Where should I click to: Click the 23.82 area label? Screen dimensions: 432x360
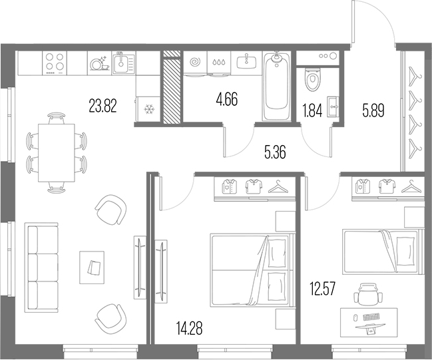click(103, 106)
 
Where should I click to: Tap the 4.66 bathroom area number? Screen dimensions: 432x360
click(227, 99)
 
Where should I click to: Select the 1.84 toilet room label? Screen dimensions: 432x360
click(312, 111)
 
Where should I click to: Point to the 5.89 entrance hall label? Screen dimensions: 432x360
click(373, 110)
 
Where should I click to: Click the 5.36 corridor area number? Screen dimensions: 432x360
click(275, 152)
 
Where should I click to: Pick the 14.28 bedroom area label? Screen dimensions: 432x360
click(189, 328)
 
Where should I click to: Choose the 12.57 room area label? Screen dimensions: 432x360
click(323, 289)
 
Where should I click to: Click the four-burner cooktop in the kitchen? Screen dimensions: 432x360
click(55, 63)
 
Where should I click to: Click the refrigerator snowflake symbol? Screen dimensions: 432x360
click(149, 109)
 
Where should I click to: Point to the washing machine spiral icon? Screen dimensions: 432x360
click(195, 62)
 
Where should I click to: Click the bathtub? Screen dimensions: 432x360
click(277, 86)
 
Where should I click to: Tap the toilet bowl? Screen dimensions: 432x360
click(312, 79)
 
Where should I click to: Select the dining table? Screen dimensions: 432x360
click(57, 153)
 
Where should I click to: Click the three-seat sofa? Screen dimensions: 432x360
click(41, 268)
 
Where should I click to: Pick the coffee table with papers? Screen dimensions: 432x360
click(92, 268)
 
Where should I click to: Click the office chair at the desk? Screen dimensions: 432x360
click(368, 294)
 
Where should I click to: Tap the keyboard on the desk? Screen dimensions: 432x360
click(371, 317)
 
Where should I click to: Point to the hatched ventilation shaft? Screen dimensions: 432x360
click(172, 87)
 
